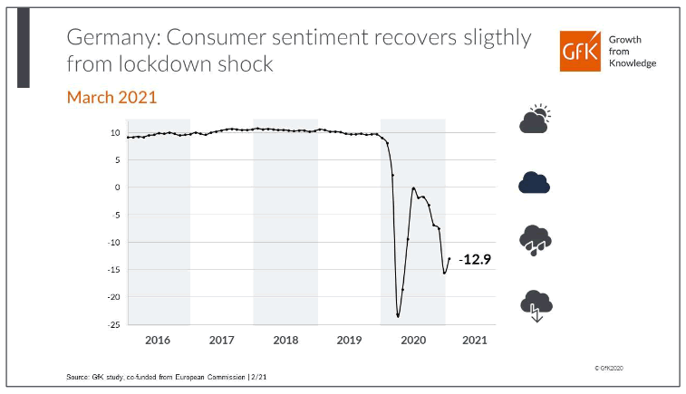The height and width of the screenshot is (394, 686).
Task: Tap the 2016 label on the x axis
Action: (x=158, y=340)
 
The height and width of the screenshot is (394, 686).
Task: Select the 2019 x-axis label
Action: (x=349, y=340)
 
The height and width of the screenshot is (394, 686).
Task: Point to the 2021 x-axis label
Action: (x=475, y=340)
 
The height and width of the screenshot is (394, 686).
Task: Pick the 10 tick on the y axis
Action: (x=115, y=132)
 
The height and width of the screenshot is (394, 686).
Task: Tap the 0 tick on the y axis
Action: (x=117, y=187)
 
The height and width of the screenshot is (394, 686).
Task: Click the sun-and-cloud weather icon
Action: (x=535, y=120)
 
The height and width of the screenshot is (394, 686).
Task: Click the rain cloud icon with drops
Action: (x=535, y=240)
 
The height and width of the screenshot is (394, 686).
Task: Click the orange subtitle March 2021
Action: (x=112, y=96)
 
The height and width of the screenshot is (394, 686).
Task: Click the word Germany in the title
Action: (x=106, y=37)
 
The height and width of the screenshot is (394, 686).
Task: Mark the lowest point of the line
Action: (x=398, y=316)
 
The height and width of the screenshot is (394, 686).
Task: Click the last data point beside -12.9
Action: (x=449, y=259)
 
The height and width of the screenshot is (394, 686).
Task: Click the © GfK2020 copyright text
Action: (x=612, y=369)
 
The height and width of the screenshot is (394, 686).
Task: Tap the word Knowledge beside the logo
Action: (x=632, y=62)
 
